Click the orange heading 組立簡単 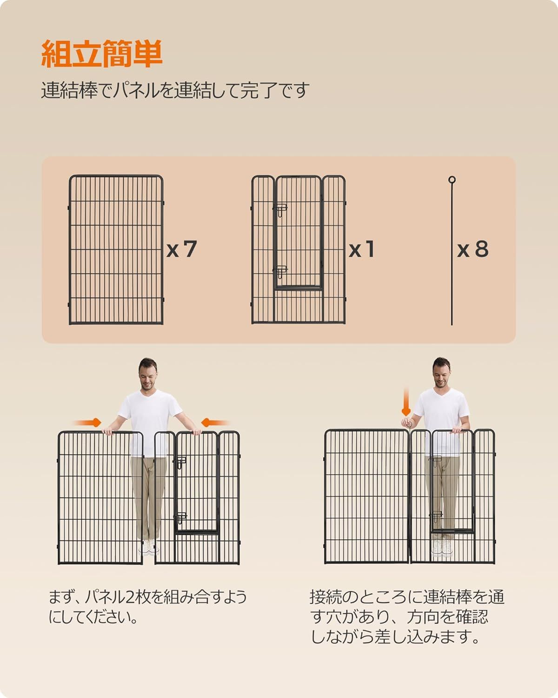point(102,54)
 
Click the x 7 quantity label point(182,249)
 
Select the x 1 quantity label point(362,249)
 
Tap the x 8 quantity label point(473,249)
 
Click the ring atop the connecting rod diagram point(452,180)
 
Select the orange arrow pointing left point(215,423)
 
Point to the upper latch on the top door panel point(281,209)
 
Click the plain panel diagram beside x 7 point(116,249)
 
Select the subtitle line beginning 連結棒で point(175,90)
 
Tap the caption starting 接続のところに point(407,617)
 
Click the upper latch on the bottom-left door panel point(180,462)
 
